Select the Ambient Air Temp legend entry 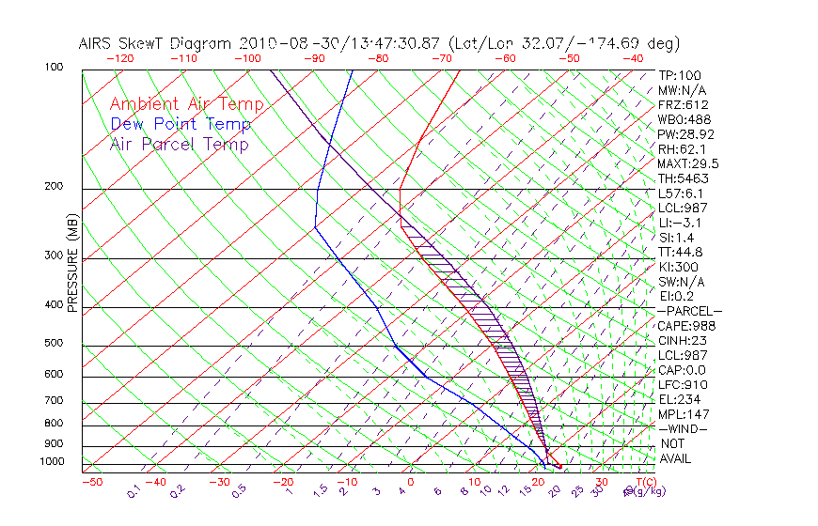186,104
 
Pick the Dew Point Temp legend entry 181,124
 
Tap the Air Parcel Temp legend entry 179,144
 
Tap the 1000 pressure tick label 54,462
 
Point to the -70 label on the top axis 441,58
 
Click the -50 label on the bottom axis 91,482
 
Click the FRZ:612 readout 684,104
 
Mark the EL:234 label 678,399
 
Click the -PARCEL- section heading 689,311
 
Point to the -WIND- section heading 684,428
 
